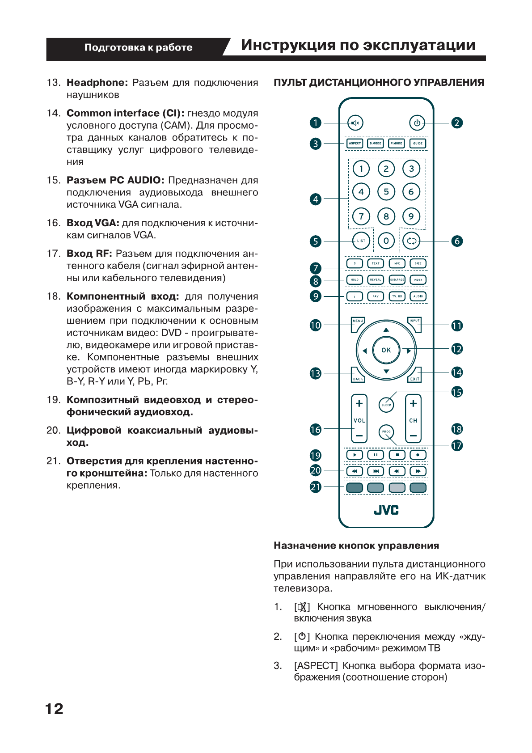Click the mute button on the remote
(x=355, y=123)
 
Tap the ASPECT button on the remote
(x=355, y=144)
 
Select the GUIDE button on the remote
(x=418, y=144)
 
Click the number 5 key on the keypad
(x=386, y=192)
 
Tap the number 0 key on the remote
(x=386, y=241)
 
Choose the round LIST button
(x=361, y=241)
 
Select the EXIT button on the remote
(x=415, y=376)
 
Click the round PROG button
(x=386, y=432)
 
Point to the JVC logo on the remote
(x=386, y=510)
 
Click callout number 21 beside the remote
(x=316, y=487)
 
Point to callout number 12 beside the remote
(x=456, y=349)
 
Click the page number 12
(x=55, y=709)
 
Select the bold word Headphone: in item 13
(x=97, y=83)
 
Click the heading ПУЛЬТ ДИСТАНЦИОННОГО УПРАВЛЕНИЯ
(x=379, y=83)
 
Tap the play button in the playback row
(x=355, y=455)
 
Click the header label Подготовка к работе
(x=138, y=47)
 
